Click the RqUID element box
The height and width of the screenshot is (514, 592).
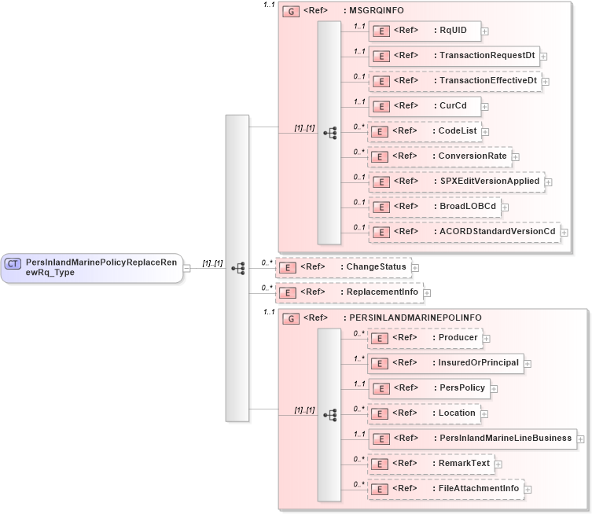pos(425,31)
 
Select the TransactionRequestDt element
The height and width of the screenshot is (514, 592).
pos(454,56)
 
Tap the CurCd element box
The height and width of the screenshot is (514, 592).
pos(425,106)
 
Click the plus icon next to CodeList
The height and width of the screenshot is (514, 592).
pos(486,132)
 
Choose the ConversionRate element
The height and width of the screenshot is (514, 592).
pos(439,156)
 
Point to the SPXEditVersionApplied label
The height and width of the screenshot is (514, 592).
pos(490,182)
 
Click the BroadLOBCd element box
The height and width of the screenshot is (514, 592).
pos(435,207)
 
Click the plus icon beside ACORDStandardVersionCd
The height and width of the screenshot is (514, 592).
pos(564,233)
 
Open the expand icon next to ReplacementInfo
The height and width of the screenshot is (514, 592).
pos(427,293)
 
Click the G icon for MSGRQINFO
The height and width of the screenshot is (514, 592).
pos(290,12)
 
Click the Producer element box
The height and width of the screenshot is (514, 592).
pos(424,338)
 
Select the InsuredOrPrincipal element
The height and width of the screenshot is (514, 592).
pos(445,363)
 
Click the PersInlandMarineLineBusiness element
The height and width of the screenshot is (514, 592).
pos(472,439)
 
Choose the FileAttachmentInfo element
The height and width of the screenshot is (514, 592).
pos(445,489)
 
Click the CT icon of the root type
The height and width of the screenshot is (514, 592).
pos(13,264)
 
